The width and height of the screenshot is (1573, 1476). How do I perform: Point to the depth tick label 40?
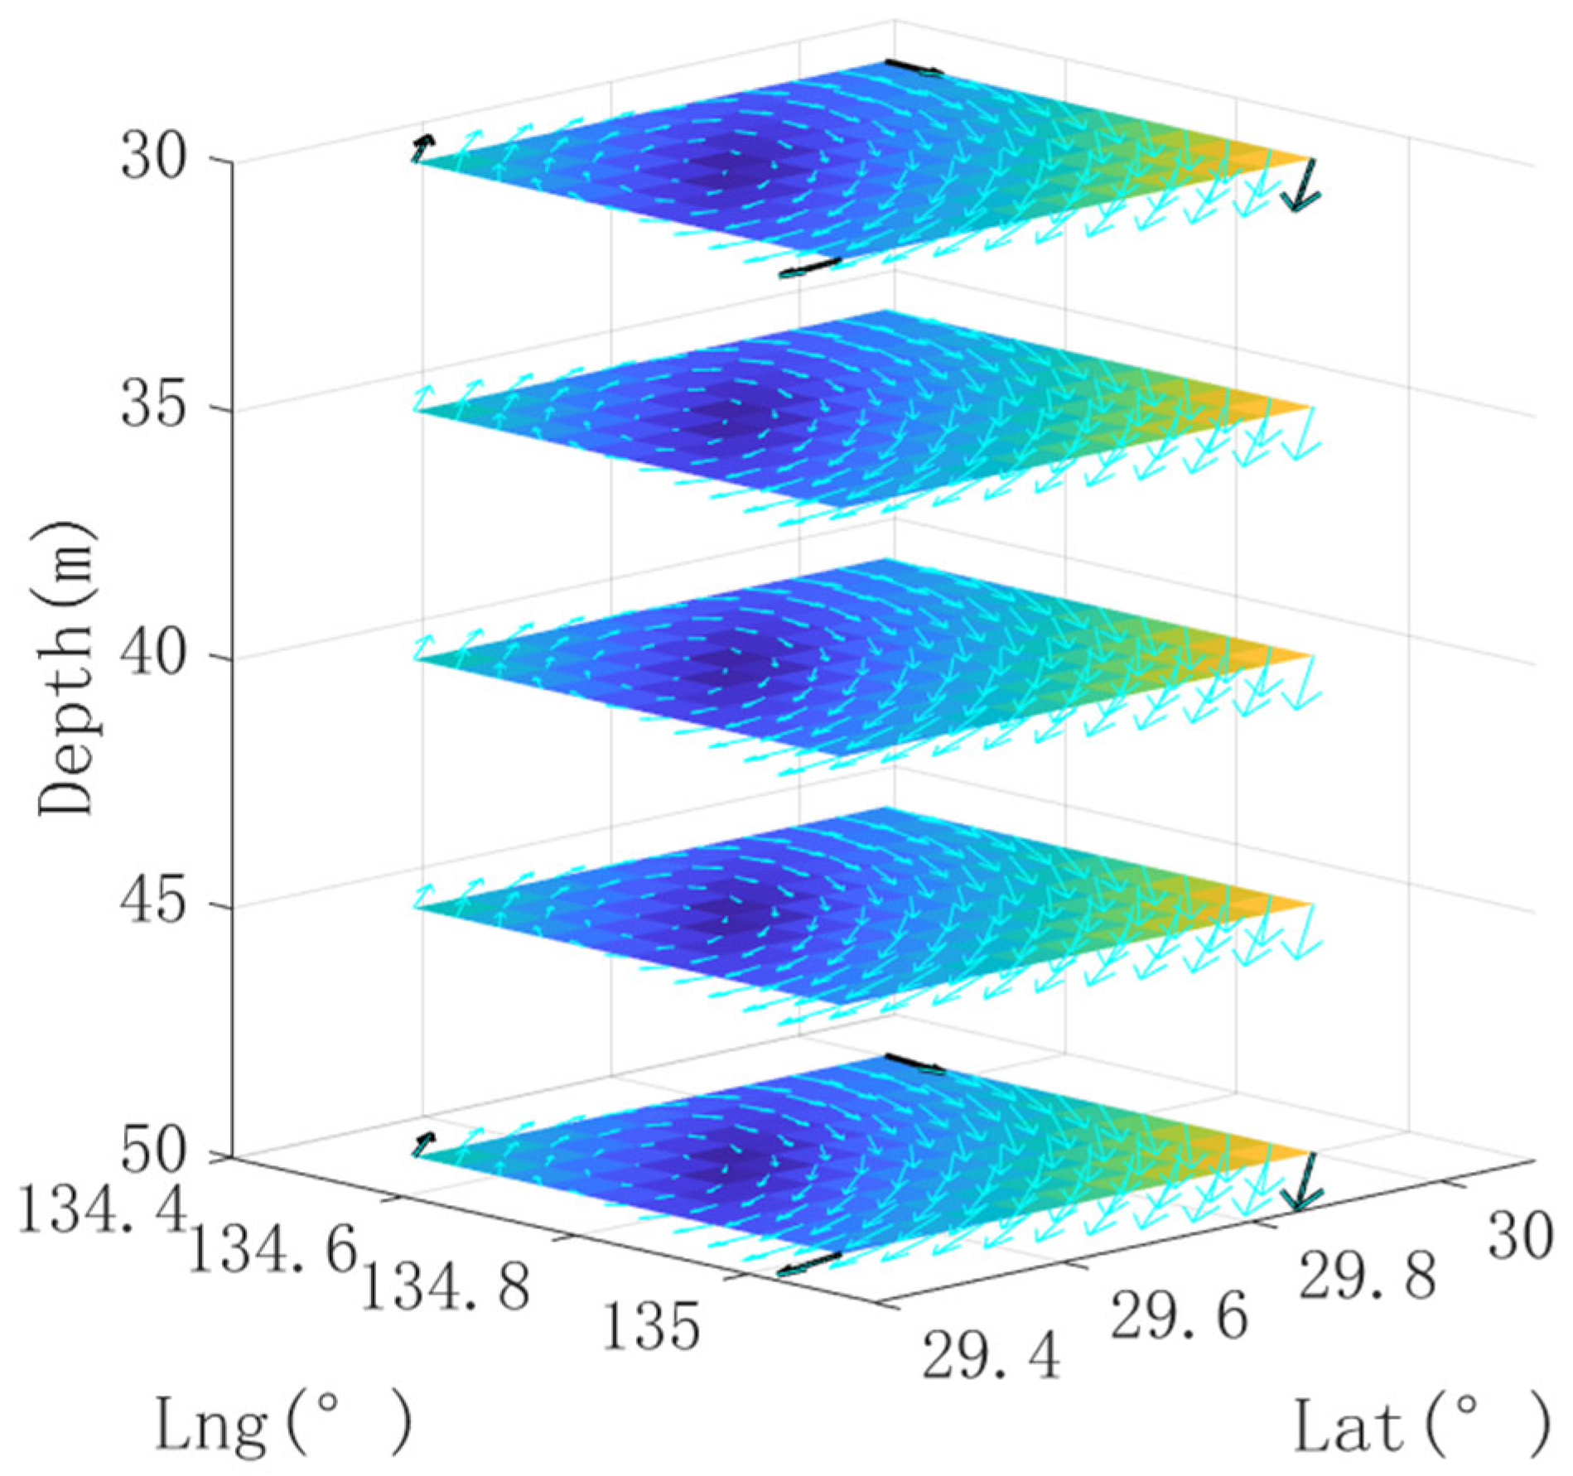click(x=152, y=656)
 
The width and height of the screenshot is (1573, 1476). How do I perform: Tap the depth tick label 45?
click(x=152, y=904)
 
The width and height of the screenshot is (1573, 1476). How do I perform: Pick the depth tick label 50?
click(x=152, y=1152)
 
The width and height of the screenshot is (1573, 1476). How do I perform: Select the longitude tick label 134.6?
click(x=272, y=1252)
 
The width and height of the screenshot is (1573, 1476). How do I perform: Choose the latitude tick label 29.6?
click(x=1178, y=1317)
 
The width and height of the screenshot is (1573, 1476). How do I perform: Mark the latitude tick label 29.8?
click(x=1365, y=1276)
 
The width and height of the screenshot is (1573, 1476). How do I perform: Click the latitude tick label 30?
click(x=1519, y=1236)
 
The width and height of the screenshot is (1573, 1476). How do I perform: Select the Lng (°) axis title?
click(x=282, y=1426)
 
